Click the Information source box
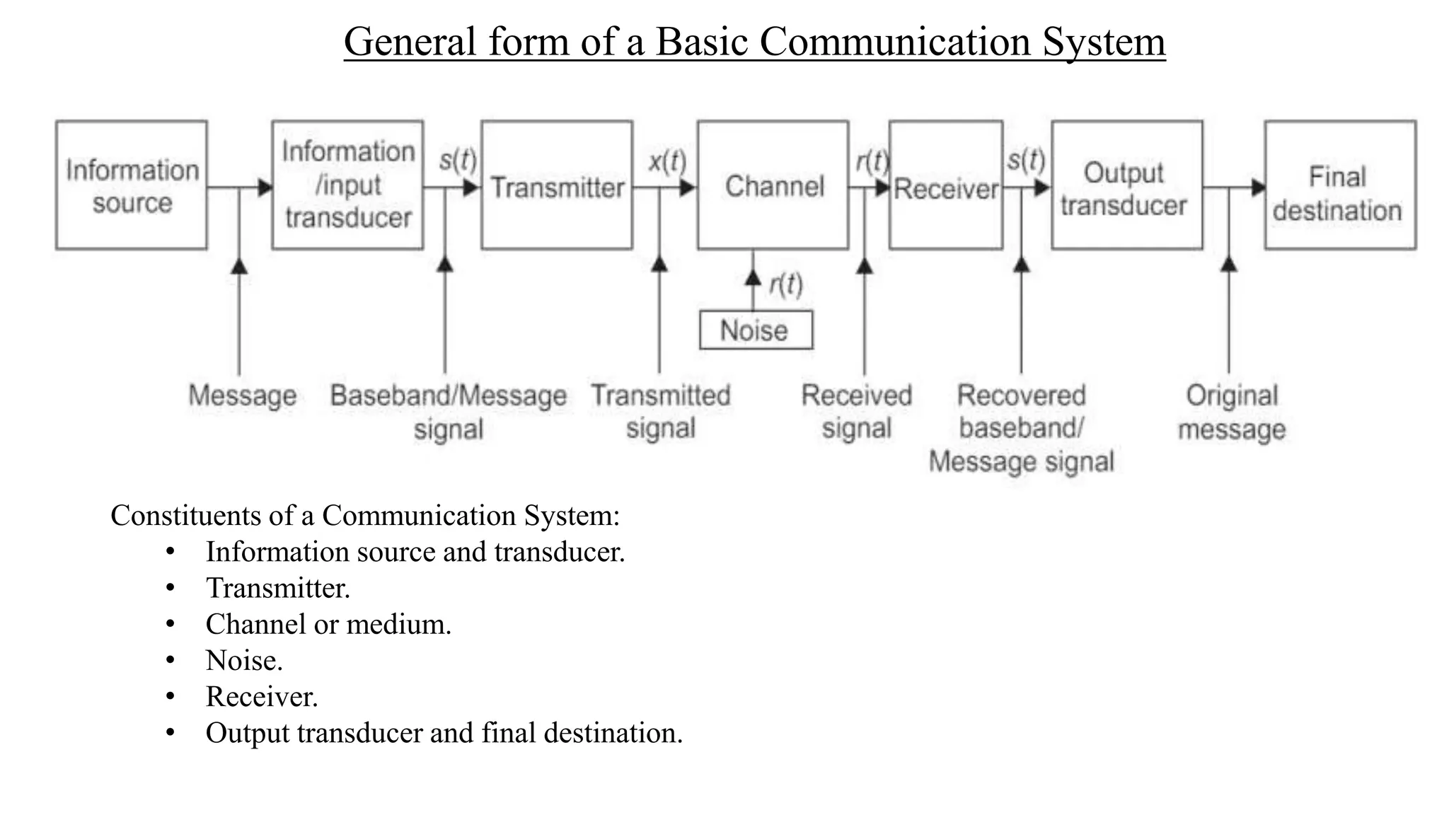pyautogui.click(x=132, y=185)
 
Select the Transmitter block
pyautogui.click(x=557, y=185)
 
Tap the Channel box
pyautogui.click(x=773, y=185)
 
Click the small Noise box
pyautogui.click(x=756, y=330)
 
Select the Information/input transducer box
pyautogui.click(x=347, y=185)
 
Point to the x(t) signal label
pyautogui.click(x=667, y=161)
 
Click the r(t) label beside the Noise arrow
pyautogui.click(x=786, y=284)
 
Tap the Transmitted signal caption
pyautogui.click(x=661, y=411)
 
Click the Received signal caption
pyautogui.click(x=856, y=411)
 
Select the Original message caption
pyautogui.click(x=1231, y=412)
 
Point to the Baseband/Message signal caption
pyautogui.click(x=448, y=412)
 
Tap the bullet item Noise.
pyautogui.click(x=243, y=661)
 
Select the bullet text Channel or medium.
pyautogui.click(x=328, y=625)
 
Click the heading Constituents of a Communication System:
pyautogui.click(x=365, y=515)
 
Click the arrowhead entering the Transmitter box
pyautogui.click(x=472, y=188)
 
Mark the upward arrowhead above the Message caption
pyautogui.click(x=239, y=266)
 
